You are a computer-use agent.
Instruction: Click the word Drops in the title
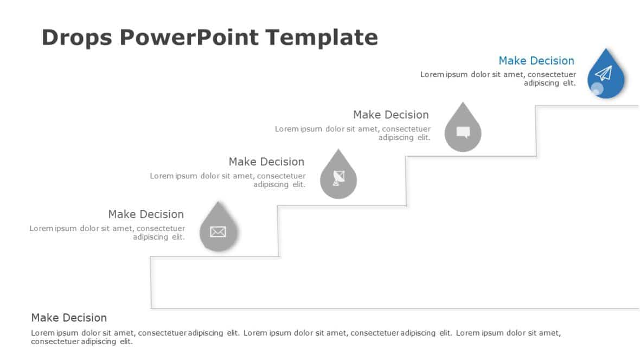(x=75, y=38)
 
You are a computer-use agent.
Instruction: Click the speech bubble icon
(x=463, y=132)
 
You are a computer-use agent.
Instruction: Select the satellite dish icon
(x=338, y=178)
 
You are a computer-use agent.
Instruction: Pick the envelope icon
(x=217, y=232)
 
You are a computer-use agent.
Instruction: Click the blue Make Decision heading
(x=536, y=61)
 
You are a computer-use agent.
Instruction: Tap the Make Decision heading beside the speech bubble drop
(x=391, y=115)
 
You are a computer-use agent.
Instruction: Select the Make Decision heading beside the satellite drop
(x=266, y=162)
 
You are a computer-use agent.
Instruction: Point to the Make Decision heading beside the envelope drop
(x=146, y=214)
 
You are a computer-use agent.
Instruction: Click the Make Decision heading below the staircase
(x=69, y=318)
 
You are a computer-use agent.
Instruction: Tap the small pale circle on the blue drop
(x=597, y=89)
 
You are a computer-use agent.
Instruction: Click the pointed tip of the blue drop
(x=606, y=50)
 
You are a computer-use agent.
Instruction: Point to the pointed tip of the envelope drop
(x=217, y=203)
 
